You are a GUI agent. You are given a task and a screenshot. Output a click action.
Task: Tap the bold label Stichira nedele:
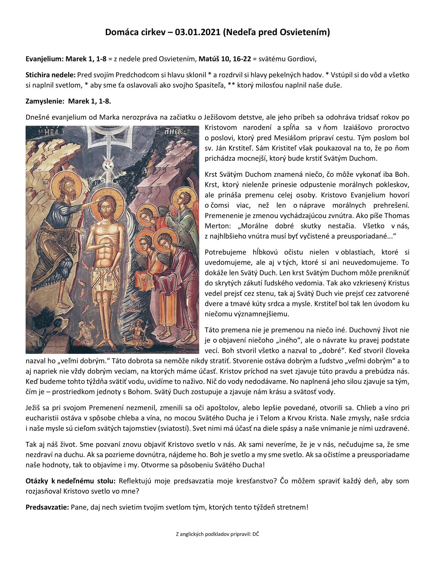click(x=51, y=75)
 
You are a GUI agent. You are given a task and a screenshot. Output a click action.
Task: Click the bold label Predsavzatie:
click(x=47, y=507)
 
